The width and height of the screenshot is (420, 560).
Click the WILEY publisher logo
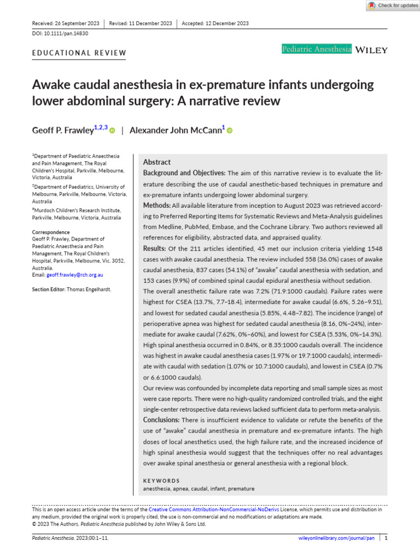point(371,50)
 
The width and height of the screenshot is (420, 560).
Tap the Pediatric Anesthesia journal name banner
point(317,49)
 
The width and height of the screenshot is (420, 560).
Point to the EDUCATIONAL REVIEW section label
point(79,53)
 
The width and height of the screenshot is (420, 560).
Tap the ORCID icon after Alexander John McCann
point(229,130)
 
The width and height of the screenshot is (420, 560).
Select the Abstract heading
point(156,162)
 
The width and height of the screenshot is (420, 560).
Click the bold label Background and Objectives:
point(184,173)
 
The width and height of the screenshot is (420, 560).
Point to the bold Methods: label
point(156,205)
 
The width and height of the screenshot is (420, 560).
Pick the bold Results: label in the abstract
point(155,248)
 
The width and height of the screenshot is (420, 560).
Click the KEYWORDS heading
point(161,481)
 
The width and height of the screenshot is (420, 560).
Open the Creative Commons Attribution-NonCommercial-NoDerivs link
point(214,509)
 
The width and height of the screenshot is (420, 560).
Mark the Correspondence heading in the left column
point(51,232)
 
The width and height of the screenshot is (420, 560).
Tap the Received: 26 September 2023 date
point(66,23)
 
